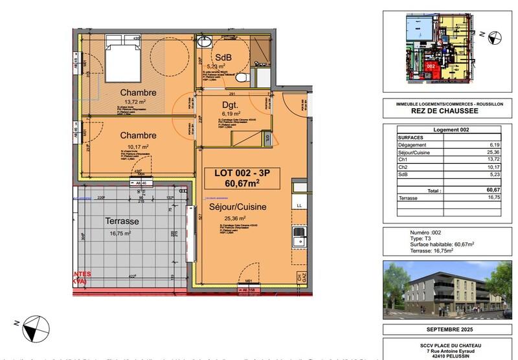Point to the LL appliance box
coord(299,205)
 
